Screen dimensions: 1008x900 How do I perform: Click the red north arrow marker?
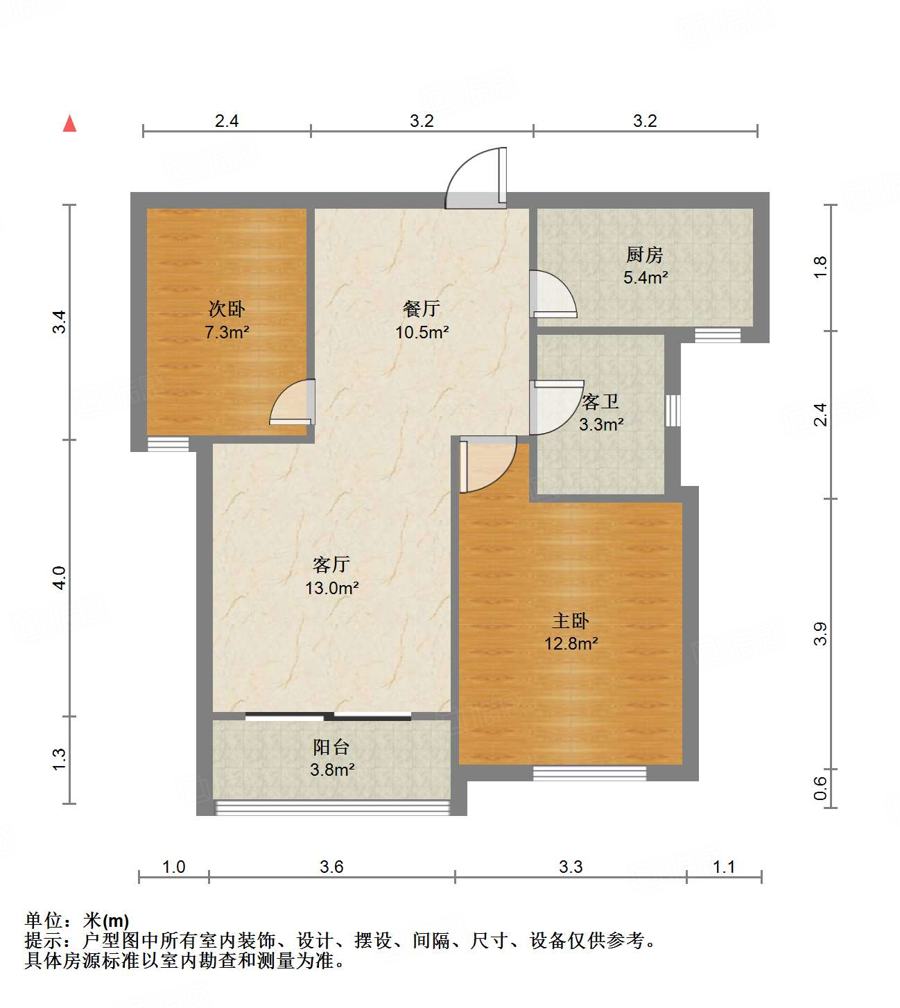click(69, 123)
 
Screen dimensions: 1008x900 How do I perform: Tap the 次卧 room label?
click(227, 309)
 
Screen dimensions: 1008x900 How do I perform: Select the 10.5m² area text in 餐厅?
click(422, 332)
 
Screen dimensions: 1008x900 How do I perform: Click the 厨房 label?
click(645, 254)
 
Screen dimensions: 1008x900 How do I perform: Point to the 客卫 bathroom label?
click(600, 401)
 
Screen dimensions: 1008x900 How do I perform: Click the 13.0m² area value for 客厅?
click(331, 589)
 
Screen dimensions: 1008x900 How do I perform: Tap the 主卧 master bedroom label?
click(571, 620)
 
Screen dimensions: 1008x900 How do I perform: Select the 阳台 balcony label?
click(331, 747)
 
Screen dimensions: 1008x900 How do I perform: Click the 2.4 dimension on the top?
click(227, 121)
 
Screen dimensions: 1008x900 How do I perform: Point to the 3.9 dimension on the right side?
click(821, 634)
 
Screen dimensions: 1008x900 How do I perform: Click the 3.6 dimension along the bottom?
click(331, 867)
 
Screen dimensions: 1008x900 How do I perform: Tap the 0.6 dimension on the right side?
click(821, 788)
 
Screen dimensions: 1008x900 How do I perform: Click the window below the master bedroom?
click(589, 772)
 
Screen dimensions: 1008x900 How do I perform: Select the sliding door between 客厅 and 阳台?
click(329, 716)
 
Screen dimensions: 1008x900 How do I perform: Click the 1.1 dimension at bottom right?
click(724, 867)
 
